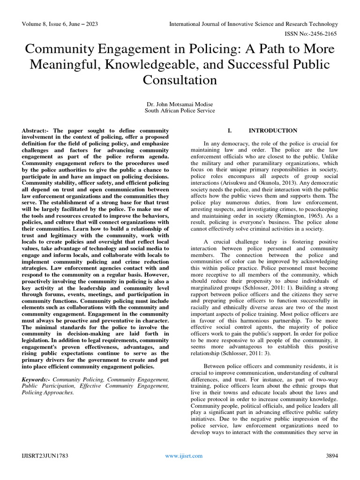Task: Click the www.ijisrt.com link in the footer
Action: (x=183, y=456)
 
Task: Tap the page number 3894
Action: (x=332, y=456)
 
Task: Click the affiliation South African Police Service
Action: (x=180, y=111)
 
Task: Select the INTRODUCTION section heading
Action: (x=273, y=131)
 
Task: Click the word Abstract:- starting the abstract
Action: (x=36, y=130)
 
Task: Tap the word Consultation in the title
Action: (x=180, y=80)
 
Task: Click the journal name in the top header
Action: (x=254, y=24)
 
